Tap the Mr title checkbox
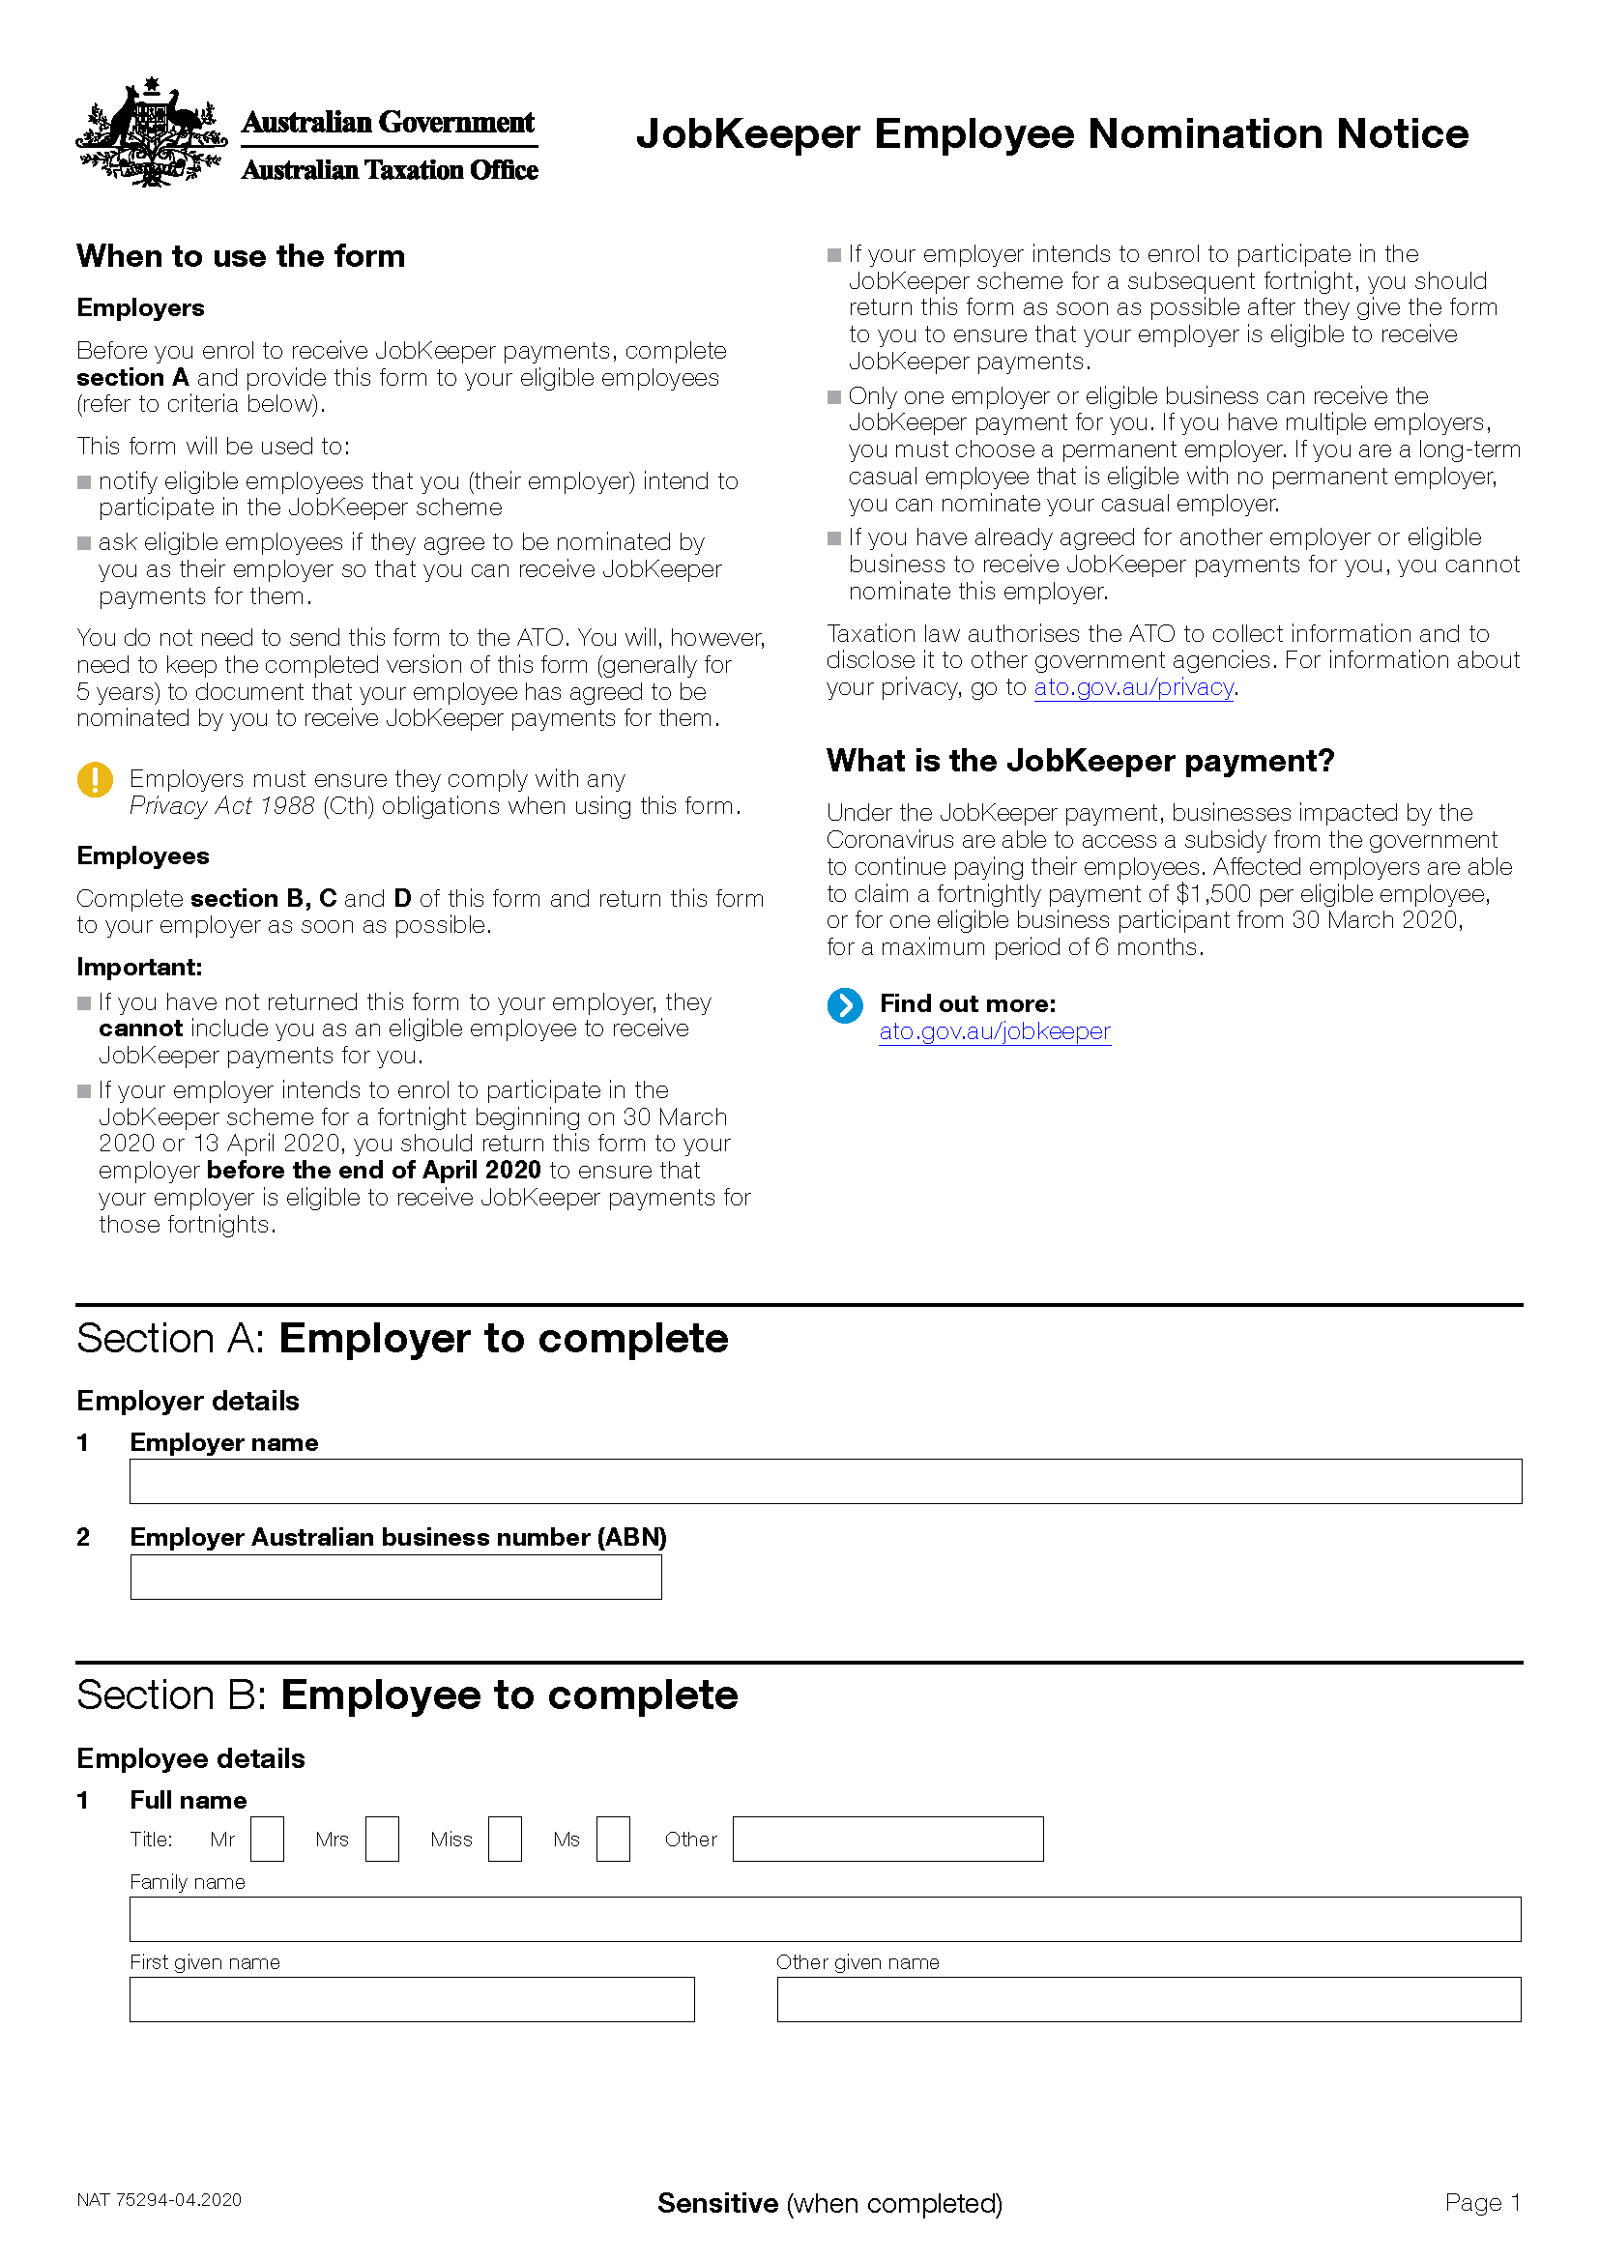click(267, 1839)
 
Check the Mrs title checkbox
click(382, 1839)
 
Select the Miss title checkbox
click(505, 1839)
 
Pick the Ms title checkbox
click(612, 1839)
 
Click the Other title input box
click(887, 1839)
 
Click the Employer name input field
click(825, 1481)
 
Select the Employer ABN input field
click(395, 1577)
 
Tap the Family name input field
click(825, 1920)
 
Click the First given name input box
click(412, 1999)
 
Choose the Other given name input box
click(1148, 1999)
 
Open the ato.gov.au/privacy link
click(1133, 687)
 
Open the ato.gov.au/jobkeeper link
click(995, 1031)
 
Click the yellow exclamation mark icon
click(95, 780)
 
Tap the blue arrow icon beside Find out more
click(845, 1005)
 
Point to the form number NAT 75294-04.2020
click(159, 2200)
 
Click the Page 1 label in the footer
click(1482, 2203)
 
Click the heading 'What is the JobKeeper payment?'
click(1080, 761)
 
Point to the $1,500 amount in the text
click(1214, 894)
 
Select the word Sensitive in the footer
click(717, 2203)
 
